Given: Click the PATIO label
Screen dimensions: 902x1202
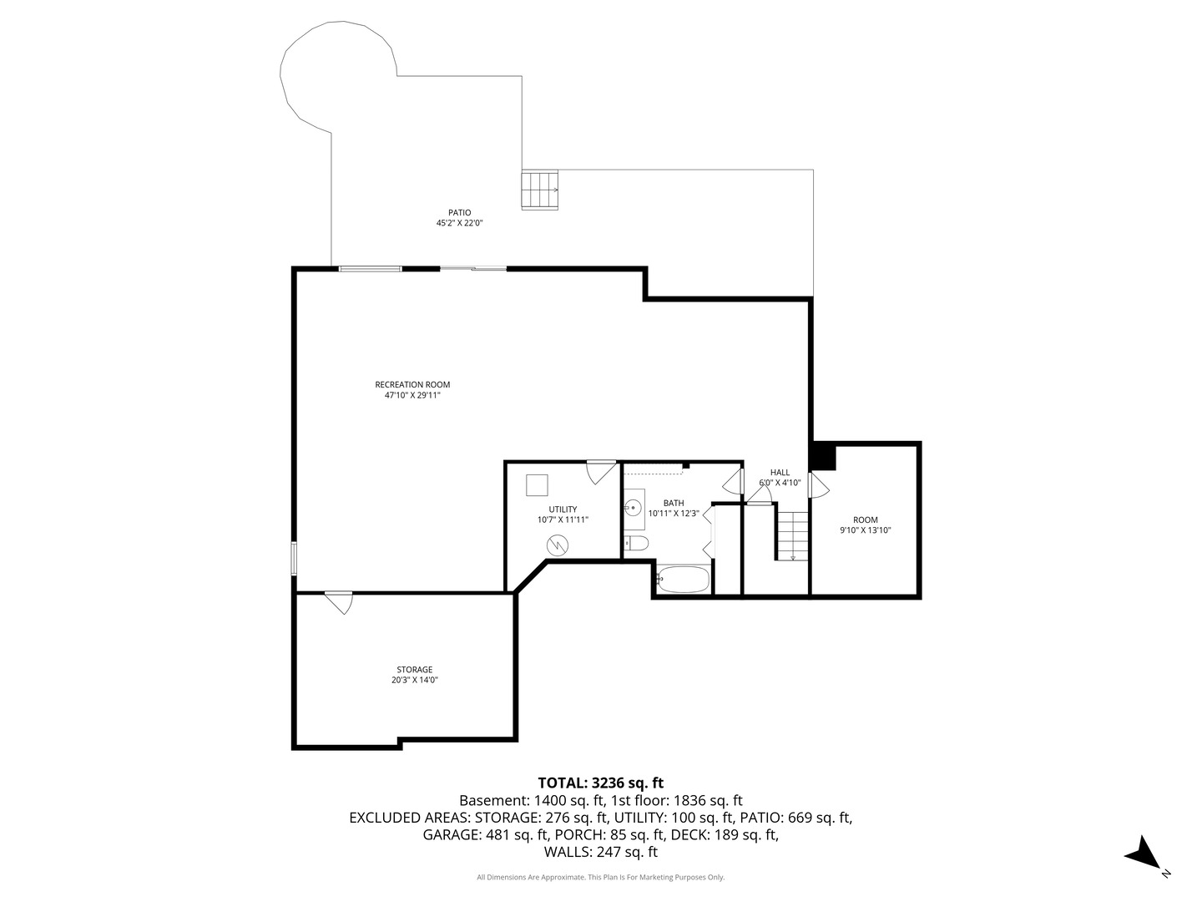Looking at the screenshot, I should [459, 213].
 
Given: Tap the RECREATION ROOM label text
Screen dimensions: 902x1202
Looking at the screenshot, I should [412, 385].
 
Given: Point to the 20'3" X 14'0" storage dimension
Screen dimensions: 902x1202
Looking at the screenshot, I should [415, 681].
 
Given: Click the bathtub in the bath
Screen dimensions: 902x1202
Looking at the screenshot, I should [683, 580].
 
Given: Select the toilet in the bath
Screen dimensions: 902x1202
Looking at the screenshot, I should [636, 545].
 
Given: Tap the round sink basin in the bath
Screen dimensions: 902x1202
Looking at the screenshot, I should [633, 507].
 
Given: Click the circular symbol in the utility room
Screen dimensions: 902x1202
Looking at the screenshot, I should [557, 545].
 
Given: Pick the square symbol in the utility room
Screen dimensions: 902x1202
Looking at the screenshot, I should [537, 485].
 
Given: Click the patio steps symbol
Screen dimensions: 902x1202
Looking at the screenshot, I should [540, 190].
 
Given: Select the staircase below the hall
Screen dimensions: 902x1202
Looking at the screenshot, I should [793, 535].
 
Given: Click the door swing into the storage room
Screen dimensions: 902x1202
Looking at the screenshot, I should [340, 601].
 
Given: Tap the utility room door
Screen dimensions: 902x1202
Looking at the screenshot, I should [600, 472].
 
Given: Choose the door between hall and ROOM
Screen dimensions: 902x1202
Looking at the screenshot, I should [817, 484].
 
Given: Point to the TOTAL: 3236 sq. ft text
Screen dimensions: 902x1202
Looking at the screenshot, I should [600, 783].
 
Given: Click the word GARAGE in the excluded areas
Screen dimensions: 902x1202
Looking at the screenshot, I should [452, 834].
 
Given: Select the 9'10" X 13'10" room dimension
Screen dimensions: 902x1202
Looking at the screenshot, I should [866, 530].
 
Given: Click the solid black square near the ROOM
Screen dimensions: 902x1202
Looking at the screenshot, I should [823, 457].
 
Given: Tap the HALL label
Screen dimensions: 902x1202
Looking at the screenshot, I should [780, 473].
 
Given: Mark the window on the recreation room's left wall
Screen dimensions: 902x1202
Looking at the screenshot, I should [294, 558].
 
